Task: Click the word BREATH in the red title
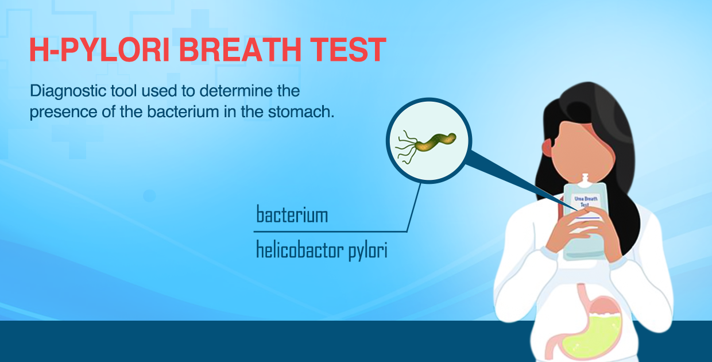pos(239,50)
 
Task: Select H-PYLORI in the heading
pos(99,50)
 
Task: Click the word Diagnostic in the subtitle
pos(68,91)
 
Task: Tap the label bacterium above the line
pos(292,214)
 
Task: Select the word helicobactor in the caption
pos(300,250)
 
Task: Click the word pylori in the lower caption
pos(368,251)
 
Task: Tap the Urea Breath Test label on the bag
pos(586,202)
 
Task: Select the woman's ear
pos(548,148)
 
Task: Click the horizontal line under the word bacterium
pos(330,232)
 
